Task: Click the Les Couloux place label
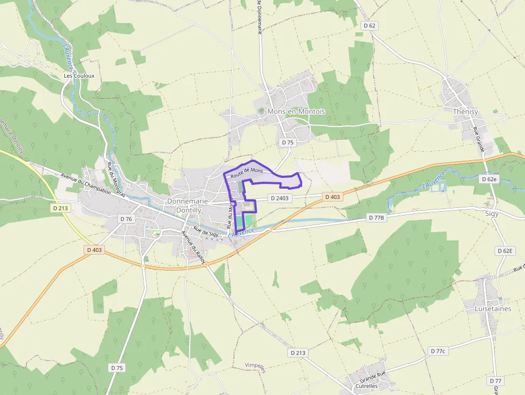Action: point(79,76)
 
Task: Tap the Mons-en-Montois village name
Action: point(296,111)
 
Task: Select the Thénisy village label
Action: point(465,112)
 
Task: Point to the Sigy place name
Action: point(491,213)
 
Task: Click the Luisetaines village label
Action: point(493,309)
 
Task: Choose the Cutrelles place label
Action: point(366,385)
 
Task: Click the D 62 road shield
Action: point(370,25)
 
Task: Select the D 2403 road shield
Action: point(280,198)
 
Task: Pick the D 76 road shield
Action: point(126,219)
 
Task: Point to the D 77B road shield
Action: point(377,218)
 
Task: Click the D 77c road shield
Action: point(438,351)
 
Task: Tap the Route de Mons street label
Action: point(247,173)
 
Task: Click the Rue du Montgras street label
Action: point(116,180)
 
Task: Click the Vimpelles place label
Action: point(256,366)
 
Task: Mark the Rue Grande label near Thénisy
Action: point(478,139)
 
